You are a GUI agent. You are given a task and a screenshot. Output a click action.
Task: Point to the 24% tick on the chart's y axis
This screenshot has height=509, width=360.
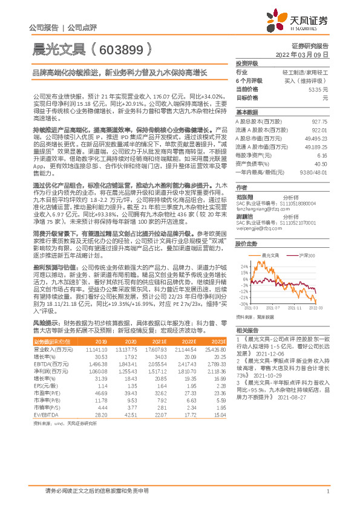pos(243,266)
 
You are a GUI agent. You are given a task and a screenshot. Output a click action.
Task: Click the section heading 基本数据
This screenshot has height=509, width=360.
pos(247,112)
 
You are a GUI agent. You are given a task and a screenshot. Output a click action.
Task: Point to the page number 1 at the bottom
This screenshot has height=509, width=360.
pos(327,491)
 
